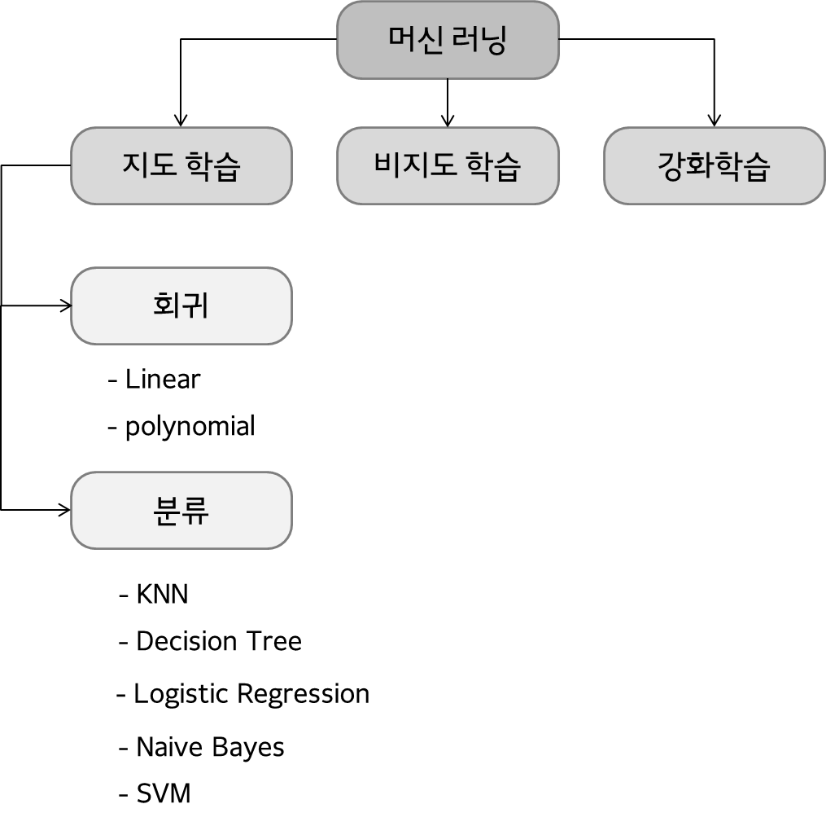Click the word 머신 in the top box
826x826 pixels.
pyautogui.click(x=415, y=40)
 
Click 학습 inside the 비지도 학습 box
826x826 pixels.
pyautogui.click(x=492, y=166)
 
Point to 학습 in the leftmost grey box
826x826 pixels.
pyautogui.click(x=212, y=166)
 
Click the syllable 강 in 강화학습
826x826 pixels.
pyautogui.click(x=671, y=166)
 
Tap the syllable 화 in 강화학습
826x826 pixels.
pyautogui.click(x=700, y=166)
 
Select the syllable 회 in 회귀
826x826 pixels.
pyautogui.click(x=167, y=305)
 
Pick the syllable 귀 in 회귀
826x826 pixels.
pyautogui.click(x=195, y=305)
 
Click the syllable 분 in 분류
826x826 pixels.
pyautogui.click(x=167, y=511)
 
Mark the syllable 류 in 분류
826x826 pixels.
pyautogui.click(x=195, y=511)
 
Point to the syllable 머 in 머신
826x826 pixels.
pyautogui.click(x=401, y=40)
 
